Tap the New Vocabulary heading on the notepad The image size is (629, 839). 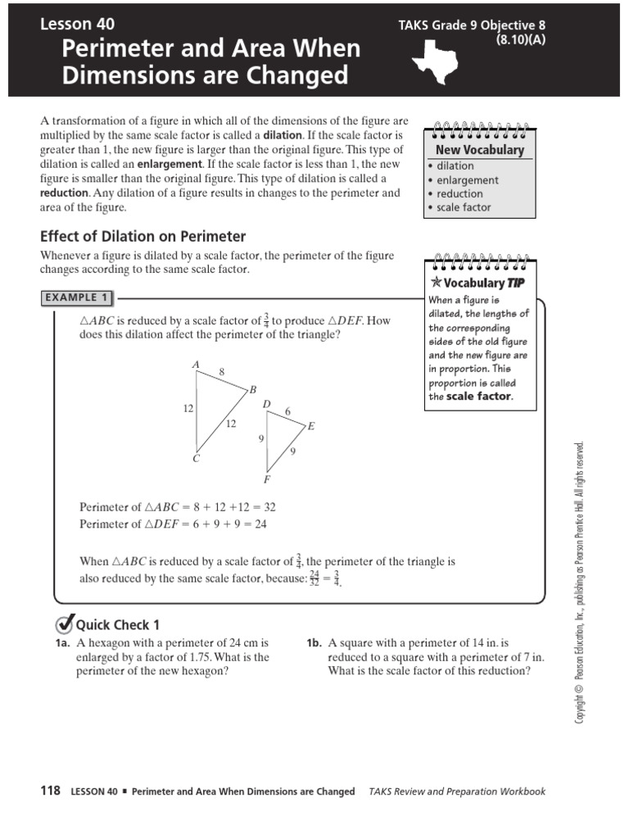[479, 150]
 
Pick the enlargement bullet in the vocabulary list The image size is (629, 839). [467, 179]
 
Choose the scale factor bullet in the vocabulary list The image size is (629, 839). [464, 207]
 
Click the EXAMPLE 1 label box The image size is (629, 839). [77, 298]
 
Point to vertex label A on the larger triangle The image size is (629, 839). [196, 365]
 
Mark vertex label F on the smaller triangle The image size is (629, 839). [266, 478]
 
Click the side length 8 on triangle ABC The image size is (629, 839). [221, 372]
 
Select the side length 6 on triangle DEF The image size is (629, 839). [287, 410]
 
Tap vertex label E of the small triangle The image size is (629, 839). [311, 427]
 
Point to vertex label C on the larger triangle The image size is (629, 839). [196, 459]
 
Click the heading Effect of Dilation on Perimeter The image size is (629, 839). [143, 236]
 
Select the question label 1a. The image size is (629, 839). [63, 643]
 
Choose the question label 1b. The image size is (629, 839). [314, 643]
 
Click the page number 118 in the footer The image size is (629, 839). [50, 791]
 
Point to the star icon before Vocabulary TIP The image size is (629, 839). [436, 283]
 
